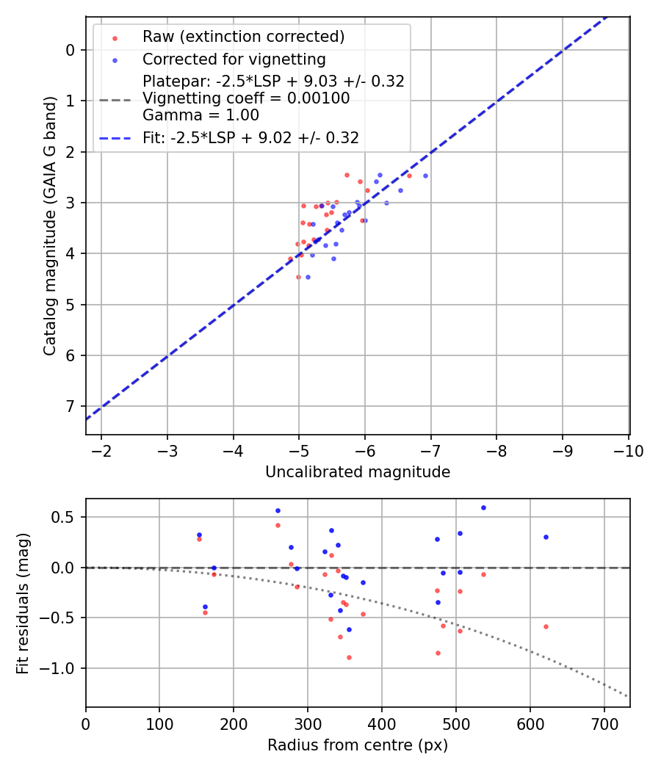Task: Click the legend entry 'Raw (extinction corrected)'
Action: (243, 37)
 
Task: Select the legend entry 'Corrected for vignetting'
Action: (234, 59)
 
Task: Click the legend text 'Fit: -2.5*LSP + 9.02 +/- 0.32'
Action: (250, 137)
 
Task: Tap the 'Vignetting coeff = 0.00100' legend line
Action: (246, 98)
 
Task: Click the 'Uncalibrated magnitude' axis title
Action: (358, 472)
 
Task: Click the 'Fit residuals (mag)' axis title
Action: (24, 602)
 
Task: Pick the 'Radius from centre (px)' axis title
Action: (358, 745)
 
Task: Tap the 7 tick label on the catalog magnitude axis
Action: (70, 406)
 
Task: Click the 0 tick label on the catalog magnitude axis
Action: (70, 50)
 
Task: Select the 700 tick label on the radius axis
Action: (604, 723)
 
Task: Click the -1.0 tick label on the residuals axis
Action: (62, 668)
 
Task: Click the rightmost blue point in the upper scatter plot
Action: (425, 175)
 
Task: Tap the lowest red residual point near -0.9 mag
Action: (349, 657)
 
